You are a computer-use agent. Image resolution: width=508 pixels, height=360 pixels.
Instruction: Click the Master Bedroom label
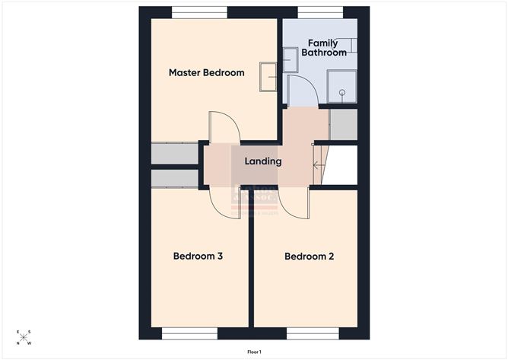pyautogui.click(x=206, y=73)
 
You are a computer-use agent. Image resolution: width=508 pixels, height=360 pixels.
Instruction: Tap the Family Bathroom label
pyautogui.click(x=324, y=48)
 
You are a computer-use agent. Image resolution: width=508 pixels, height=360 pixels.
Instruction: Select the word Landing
pyautogui.click(x=263, y=161)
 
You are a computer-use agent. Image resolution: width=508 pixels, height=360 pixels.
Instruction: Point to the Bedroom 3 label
pyautogui.click(x=198, y=256)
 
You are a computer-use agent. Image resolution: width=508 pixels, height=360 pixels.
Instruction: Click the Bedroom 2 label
pyautogui.click(x=309, y=256)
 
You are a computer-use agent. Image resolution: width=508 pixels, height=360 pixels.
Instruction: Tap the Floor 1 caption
pyautogui.click(x=254, y=352)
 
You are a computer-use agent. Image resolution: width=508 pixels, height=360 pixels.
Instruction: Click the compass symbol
pyautogui.click(x=24, y=337)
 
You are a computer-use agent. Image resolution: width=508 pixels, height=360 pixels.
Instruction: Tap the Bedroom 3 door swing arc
pyautogui.click(x=224, y=202)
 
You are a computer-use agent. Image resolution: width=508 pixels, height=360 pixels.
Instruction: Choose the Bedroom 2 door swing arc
pyautogui.click(x=293, y=202)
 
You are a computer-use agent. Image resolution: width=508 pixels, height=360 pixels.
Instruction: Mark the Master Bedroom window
pyautogui.click(x=199, y=12)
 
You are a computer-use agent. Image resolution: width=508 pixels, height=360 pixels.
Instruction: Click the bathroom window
pyautogui.click(x=319, y=12)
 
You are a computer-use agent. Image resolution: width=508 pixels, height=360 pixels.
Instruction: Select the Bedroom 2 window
pyautogui.click(x=313, y=333)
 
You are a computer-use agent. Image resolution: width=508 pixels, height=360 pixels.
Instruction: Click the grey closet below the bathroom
pyautogui.click(x=343, y=125)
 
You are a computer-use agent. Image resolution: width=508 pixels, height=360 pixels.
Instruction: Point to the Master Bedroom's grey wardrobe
pyautogui.click(x=174, y=154)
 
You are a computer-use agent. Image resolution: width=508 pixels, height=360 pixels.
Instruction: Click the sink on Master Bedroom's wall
pyautogui.click(x=268, y=77)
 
